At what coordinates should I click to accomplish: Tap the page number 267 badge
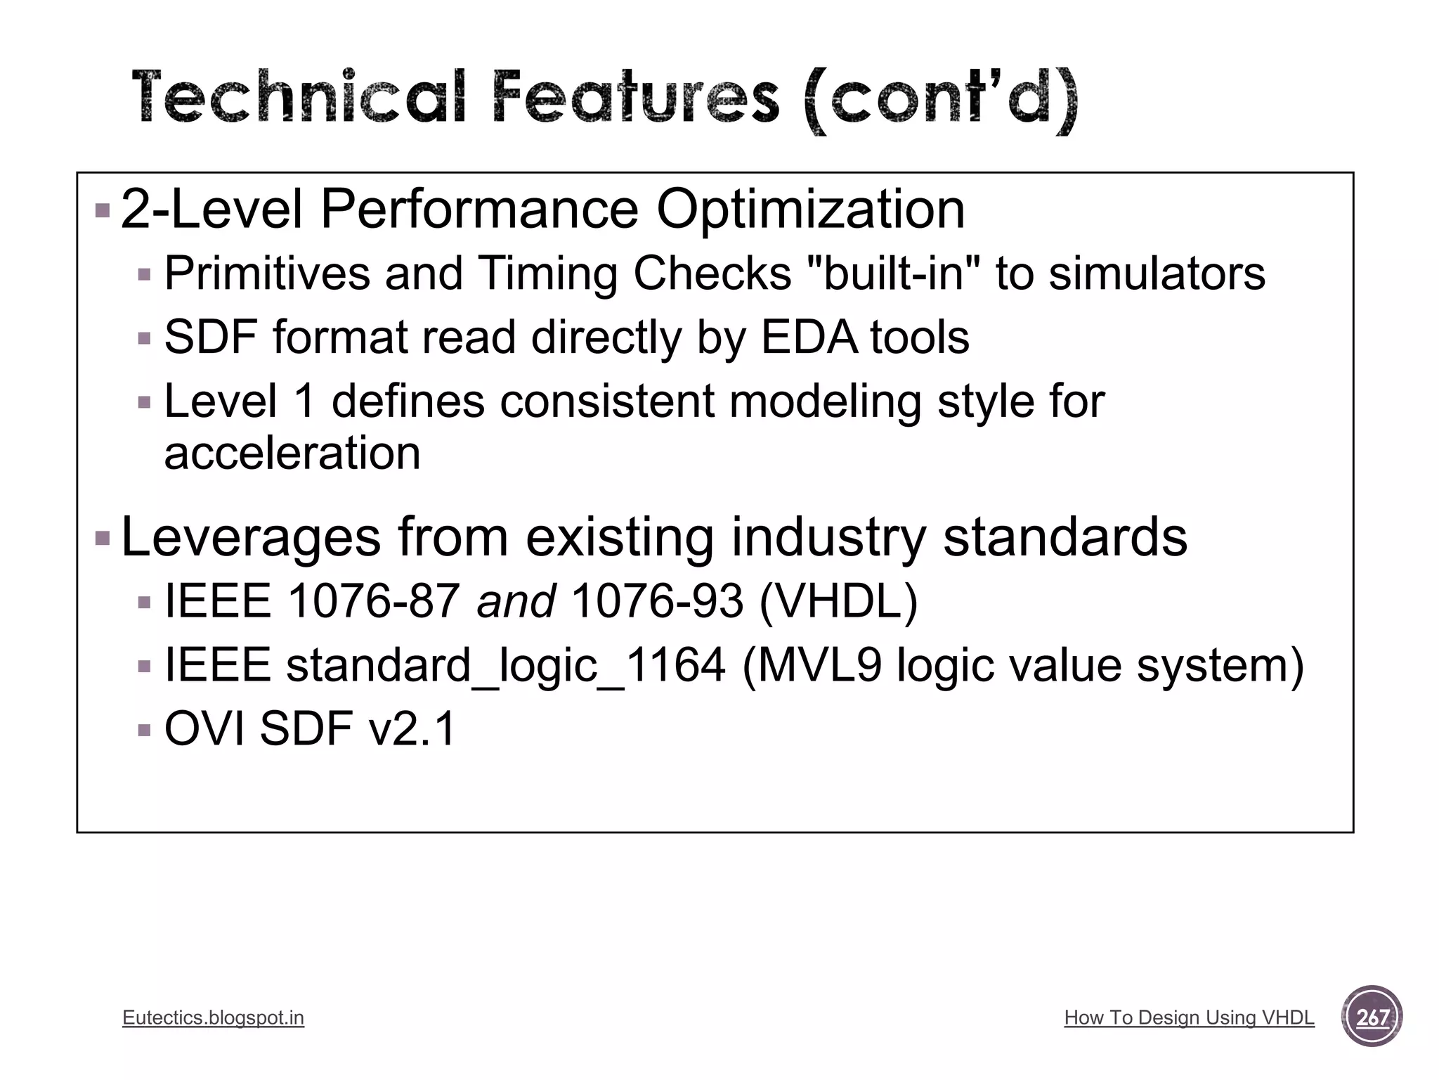1371,1017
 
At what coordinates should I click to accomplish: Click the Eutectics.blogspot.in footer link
213,1017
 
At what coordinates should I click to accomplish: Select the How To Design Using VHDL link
1189,1017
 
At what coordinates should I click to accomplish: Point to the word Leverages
251,537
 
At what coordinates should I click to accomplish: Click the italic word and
516,602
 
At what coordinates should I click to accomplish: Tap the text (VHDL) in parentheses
838,602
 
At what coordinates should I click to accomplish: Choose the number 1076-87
374,602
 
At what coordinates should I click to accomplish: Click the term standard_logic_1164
505,665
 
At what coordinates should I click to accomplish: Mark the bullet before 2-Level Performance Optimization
103,210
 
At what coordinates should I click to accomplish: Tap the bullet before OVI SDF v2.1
145,730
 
